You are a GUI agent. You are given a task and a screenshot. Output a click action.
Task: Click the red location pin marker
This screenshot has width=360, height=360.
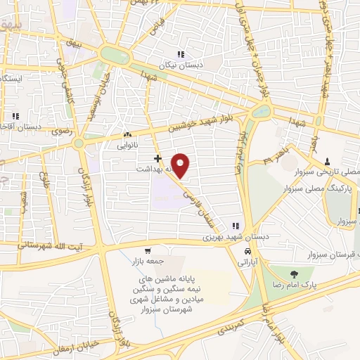coord(181,166)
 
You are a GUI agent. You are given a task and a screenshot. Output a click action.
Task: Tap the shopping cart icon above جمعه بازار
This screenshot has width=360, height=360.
coord(147,251)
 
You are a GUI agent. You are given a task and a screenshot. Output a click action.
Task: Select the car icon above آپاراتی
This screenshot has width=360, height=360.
coord(247,251)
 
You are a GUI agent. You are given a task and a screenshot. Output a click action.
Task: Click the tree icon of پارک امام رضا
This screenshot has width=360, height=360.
coord(292,274)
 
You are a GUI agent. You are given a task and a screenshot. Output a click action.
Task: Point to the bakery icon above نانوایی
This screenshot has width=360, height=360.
coord(127,136)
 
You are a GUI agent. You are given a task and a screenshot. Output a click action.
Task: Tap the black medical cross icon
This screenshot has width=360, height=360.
coord(158,159)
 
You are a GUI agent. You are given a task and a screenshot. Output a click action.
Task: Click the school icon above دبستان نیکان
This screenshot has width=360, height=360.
coord(181,54)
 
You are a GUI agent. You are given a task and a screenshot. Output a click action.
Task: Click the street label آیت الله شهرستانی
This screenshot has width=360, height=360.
coord(41,245)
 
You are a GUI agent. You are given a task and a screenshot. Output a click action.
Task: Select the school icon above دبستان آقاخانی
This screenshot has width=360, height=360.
coord(14,116)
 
